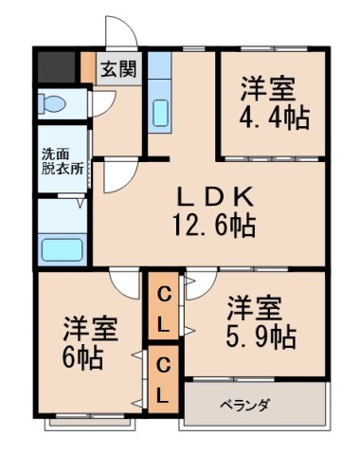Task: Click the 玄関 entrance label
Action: pyautogui.click(x=118, y=69)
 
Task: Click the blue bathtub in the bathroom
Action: pyautogui.click(x=62, y=250)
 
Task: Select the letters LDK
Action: pyautogui.click(x=214, y=197)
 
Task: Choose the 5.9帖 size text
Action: pyautogui.click(x=257, y=336)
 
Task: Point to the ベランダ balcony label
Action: pyautogui.click(x=245, y=405)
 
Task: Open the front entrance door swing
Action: pyautogui.click(x=121, y=36)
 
